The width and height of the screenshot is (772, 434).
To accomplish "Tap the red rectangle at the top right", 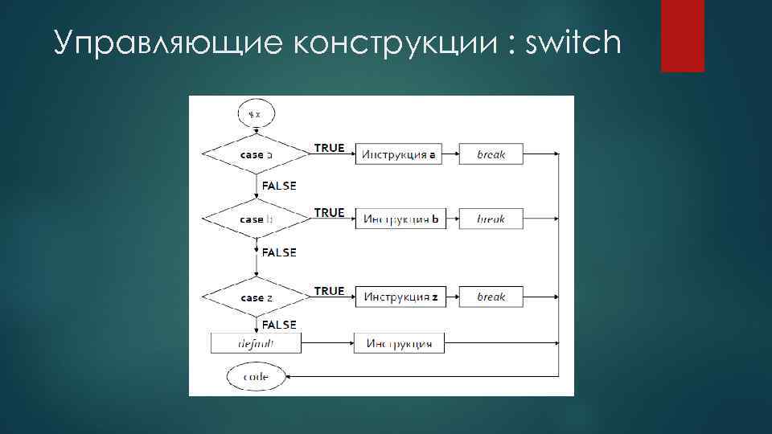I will tap(683, 35).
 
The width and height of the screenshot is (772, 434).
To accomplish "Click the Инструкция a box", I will tap(399, 154).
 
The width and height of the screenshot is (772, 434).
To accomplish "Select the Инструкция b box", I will tap(399, 219).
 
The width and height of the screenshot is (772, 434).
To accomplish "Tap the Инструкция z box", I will tap(399, 297).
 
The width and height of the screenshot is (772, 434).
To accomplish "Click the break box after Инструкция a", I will tap(491, 154).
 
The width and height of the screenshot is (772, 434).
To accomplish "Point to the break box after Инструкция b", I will tap(491, 219).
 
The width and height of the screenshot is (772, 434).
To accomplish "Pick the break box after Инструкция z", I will tap(491, 297).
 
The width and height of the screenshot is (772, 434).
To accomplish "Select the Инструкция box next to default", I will tap(399, 343).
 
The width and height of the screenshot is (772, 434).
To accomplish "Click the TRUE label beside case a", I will tap(329, 148).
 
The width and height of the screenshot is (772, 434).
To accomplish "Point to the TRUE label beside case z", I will tap(329, 291).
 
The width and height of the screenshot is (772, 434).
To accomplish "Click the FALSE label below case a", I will tap(279, 186).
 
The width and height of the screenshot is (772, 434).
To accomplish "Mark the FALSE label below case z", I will tap(279, 325).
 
